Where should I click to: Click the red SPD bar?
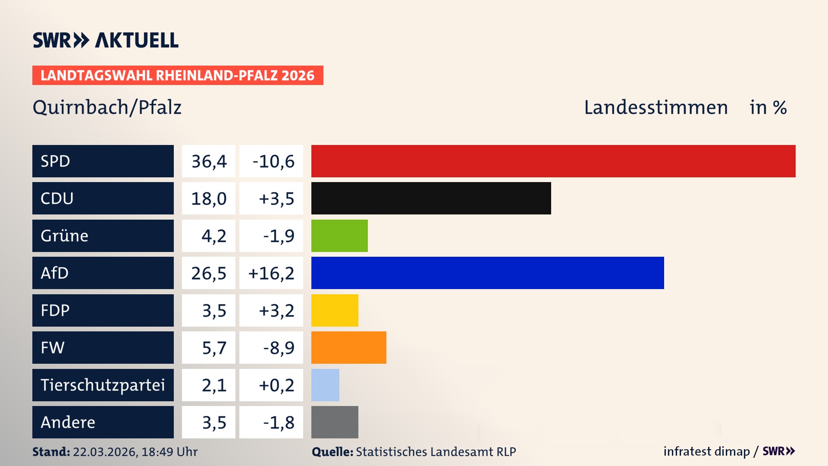(x=553, y=161)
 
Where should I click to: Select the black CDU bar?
(x=431, y=198)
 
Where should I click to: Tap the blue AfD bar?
(x=487, y=273)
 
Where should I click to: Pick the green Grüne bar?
(x=339, y=236)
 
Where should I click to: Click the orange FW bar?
(x=348, y=347)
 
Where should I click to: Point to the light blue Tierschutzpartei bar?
(x=325, y=385)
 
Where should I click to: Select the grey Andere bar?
(x=335, y=422)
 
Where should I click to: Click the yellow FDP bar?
(x=335, y=310)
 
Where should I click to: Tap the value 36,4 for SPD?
(x=209, y=161)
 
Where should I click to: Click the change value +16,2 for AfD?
(x=271, y=273)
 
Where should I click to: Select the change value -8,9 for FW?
(x=279, y=348)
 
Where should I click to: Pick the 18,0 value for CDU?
(x=209, y=198)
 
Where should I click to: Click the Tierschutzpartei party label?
(x=103, y=385)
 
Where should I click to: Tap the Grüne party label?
(x=65, y=236)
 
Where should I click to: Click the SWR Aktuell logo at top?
(x=106, y=40)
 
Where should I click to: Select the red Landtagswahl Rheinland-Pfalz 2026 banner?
(x=178, y=76)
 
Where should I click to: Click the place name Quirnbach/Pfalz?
(x=107, y=107)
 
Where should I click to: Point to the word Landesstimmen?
(x=655, y=107)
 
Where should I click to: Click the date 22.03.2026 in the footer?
(x=105, y=452)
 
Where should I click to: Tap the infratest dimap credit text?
(x=706, y=451)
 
